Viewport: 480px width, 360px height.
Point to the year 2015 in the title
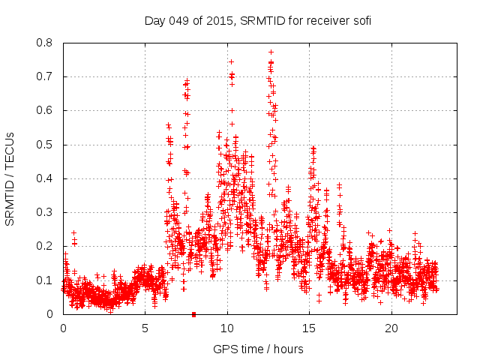(220, 21)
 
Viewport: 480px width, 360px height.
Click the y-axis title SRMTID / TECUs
(10, 178)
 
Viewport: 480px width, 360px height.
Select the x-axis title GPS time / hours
(258, 349)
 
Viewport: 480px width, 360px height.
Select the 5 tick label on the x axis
(145, 328)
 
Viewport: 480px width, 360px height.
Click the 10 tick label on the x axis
(227, 328)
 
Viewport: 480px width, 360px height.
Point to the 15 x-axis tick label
(309, 328)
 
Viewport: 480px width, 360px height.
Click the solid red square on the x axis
(193, 314)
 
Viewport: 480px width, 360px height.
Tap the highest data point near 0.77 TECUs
(271, 52)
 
